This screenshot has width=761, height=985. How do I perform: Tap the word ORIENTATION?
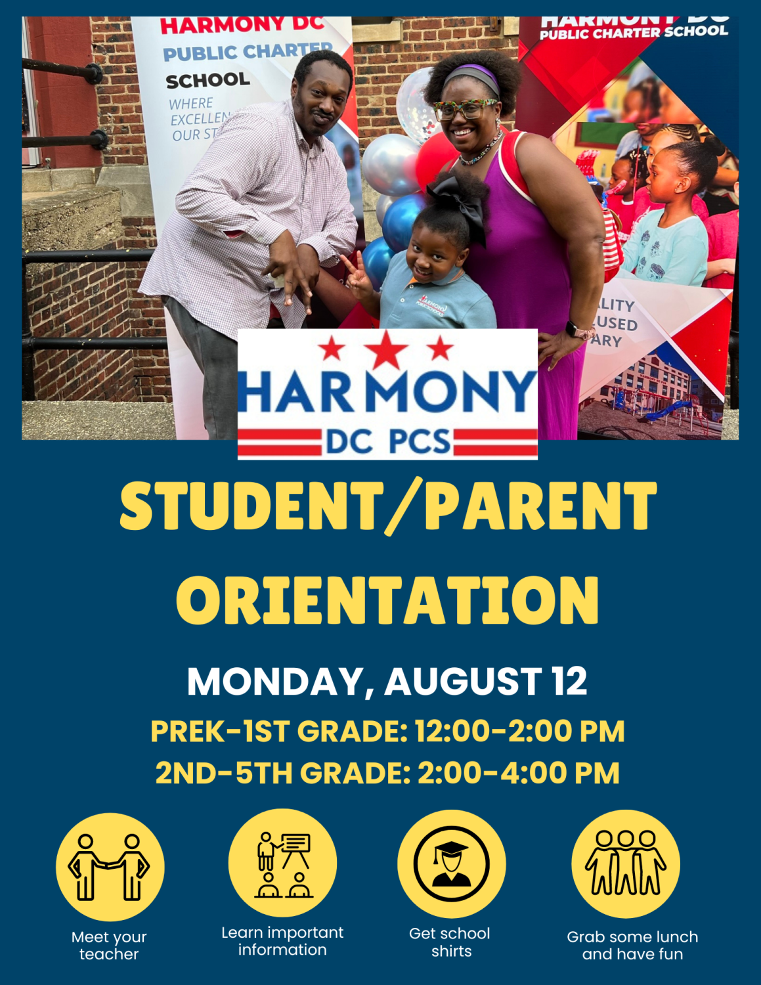tap(387, 601)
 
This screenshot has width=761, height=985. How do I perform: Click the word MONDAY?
tap(274, 681)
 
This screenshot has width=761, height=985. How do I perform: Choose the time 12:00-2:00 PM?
tap(519, 732)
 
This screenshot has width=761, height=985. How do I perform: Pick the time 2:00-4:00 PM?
tap(519, 773)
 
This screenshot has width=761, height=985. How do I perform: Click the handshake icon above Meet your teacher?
tap(110, 866)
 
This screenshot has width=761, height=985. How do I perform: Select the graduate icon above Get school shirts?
tap(451, 864)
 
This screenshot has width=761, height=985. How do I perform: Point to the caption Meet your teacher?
tap(109, 946)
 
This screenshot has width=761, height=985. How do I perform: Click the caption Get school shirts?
tap(450, 942)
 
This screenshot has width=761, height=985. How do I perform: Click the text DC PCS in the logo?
tap(387, 442)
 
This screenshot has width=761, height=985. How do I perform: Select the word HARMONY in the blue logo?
tap(387, 392)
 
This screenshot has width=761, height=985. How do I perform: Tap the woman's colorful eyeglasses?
tap(465, 108)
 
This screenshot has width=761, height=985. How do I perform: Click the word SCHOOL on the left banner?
tap(207, 81)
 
